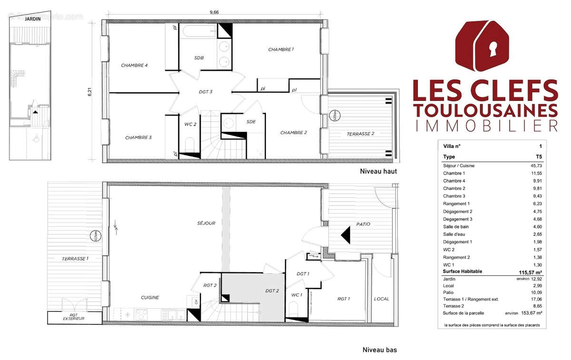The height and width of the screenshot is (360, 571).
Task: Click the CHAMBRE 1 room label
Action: click(x=281, y=49)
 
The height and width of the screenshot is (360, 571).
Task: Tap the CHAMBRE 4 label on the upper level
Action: click(x=134, y=66)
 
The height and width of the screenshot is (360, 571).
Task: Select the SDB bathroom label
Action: click(x=199, y=58)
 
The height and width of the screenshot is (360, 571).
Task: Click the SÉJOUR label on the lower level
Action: click(x=206, y=223)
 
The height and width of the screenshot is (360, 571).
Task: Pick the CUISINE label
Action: click(x=149, y=298)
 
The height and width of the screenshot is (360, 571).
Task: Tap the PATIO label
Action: click(x=363, y=224)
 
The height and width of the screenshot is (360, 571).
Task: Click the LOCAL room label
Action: click(x=381, y=299)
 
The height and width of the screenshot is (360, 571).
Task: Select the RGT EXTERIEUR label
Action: click(x=73, y=316)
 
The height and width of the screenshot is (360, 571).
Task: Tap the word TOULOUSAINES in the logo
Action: click(x=485, y=110)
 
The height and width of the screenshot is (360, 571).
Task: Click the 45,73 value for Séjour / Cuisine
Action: click(x=535, y=165)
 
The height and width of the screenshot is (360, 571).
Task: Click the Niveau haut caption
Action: click(x=378, y=171)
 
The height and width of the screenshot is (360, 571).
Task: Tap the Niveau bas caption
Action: click(x=379, y=350)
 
